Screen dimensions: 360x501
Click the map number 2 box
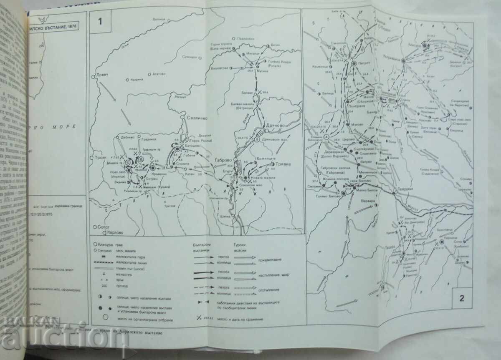[x=461, y=298]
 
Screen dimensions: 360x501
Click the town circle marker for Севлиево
[x=182, y=119]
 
